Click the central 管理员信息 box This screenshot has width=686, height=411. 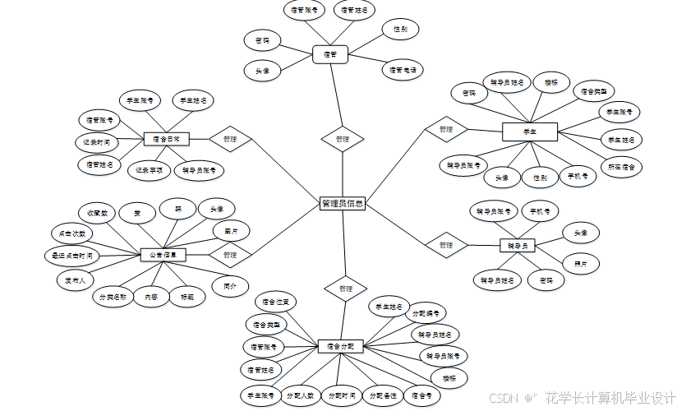[x=342, y=203]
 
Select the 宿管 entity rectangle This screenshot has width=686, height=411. [x=330, y=54]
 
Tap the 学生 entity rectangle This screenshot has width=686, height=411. [x=530, y=131]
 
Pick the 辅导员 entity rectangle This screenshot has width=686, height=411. [x=518, y=245]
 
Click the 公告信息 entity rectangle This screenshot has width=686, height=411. [x=163, y=256]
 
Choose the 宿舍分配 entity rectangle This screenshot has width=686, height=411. [x=340, y=346]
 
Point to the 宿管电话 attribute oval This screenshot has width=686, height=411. [x=403, y=70]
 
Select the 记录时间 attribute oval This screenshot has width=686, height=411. [x=97, y=142]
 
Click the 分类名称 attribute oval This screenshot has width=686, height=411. [x=113, y=296]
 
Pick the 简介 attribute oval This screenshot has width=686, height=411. [x=230, y=287]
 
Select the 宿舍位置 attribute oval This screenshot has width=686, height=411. [x=275, y=302]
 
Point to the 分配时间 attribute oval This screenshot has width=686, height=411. [x=341, y=395]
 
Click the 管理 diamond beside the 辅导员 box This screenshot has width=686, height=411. [x=446, y=245]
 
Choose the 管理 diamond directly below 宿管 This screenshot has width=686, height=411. [x=343, y=140]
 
